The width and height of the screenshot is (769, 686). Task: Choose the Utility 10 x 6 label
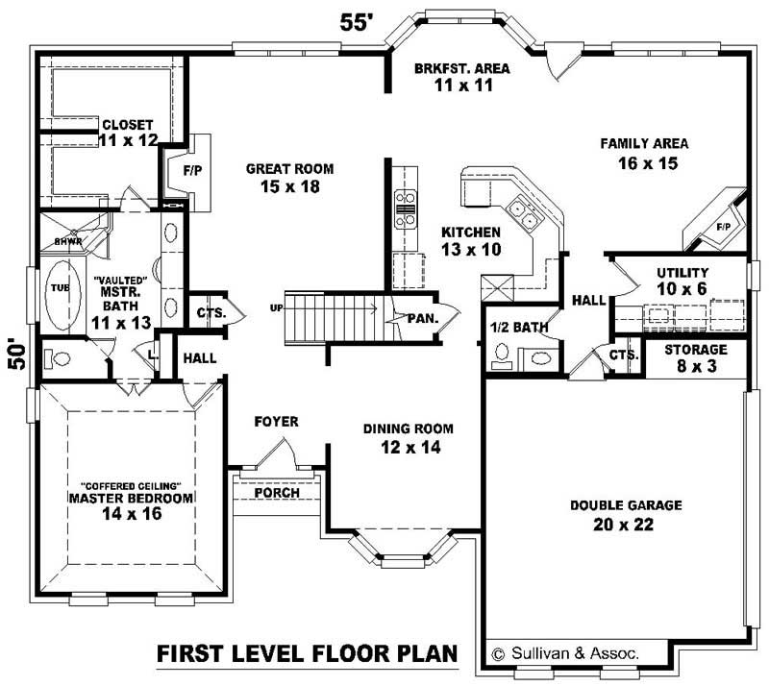(682, 280)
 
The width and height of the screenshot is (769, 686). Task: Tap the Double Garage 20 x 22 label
(625, 514)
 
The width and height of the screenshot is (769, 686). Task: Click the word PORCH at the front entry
(277, 493)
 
